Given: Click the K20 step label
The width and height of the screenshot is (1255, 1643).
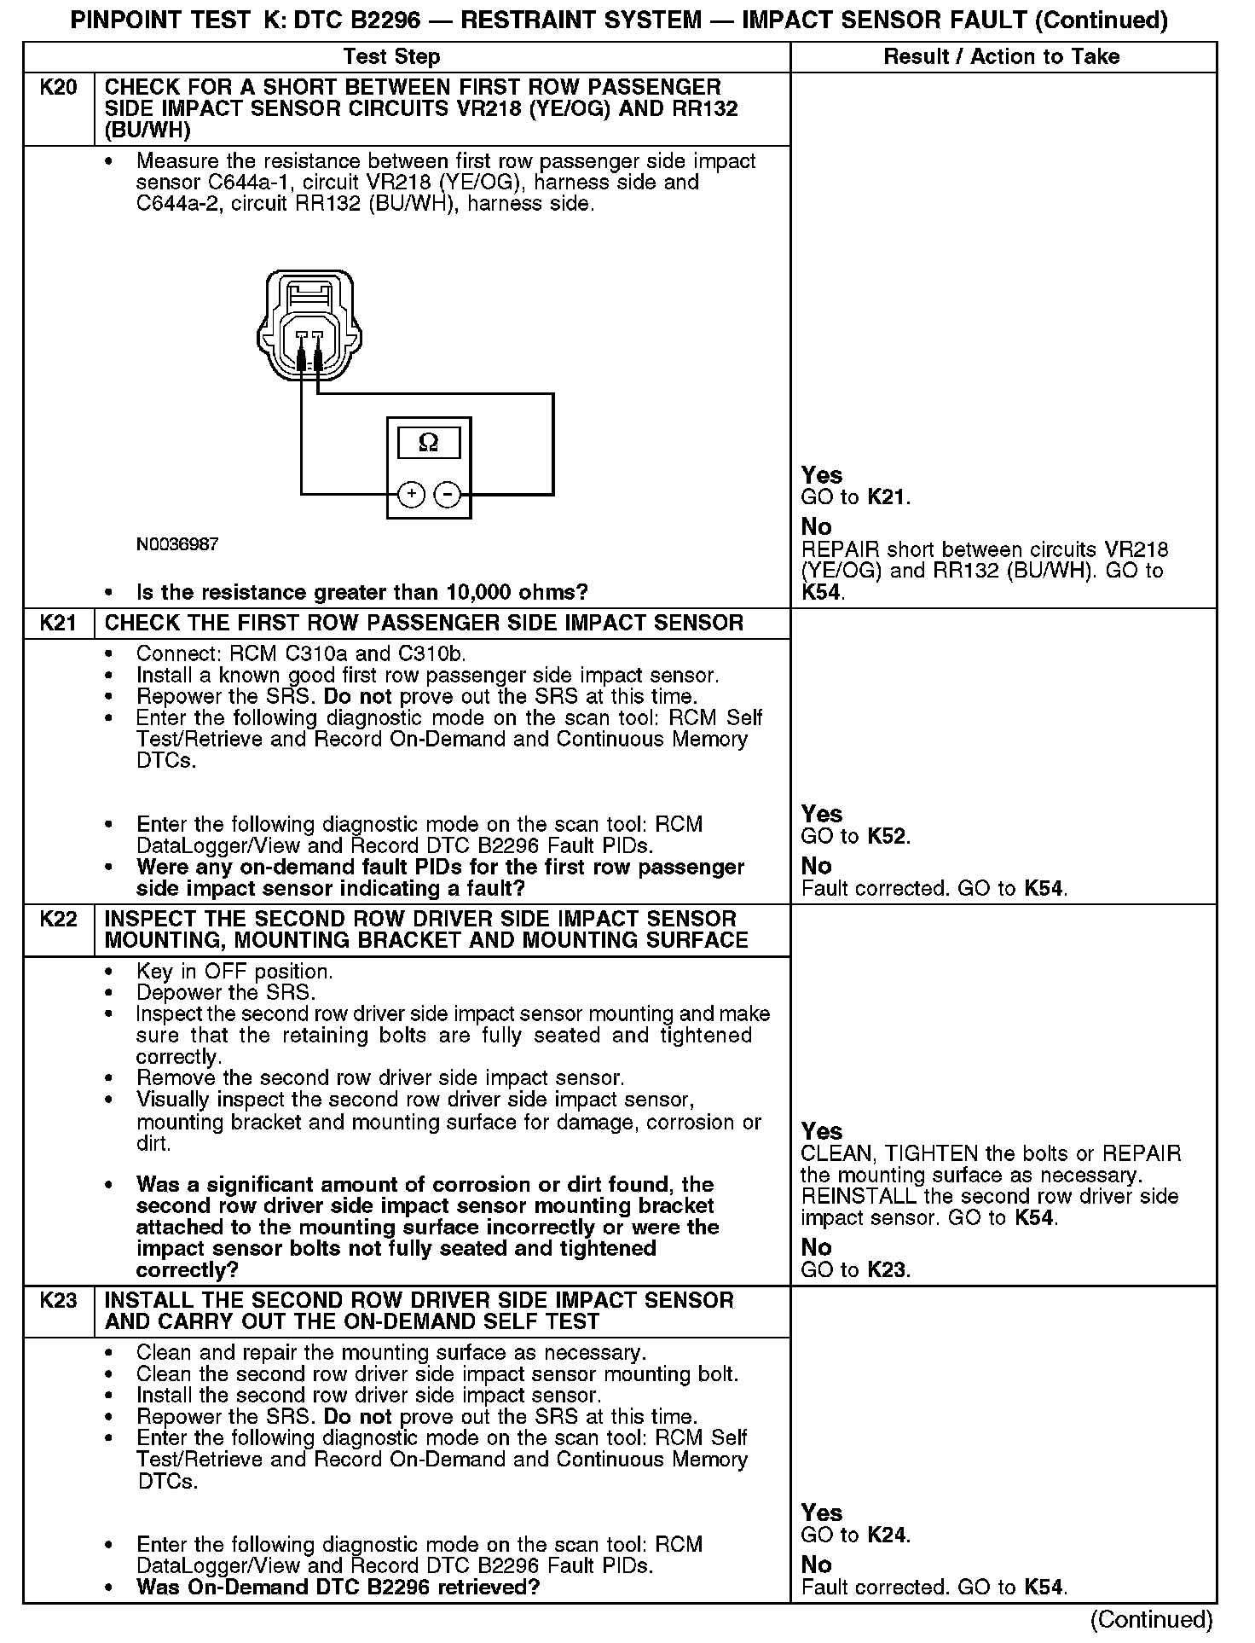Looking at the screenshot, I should [58, 88].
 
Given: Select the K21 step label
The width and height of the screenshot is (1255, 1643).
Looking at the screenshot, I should [58, 624].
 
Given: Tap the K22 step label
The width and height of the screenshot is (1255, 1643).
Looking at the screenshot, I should [58, 920].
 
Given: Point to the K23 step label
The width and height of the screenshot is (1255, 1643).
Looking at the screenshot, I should [58, 1301].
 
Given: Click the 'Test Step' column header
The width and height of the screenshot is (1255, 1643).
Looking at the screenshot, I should [391, 57].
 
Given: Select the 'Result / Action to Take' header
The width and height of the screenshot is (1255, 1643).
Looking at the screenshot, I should [1002, 57].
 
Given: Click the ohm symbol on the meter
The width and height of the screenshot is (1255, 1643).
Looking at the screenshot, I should [429, 443].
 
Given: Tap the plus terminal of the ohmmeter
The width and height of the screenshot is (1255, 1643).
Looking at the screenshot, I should [412, 494].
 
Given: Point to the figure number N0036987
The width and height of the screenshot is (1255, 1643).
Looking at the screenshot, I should [177, 544].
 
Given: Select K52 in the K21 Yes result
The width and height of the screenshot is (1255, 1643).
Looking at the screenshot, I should [887, 837].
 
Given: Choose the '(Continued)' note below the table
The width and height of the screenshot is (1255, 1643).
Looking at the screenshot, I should [1151, 1619].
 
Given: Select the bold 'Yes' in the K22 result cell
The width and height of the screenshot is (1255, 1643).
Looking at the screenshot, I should [822, 1132].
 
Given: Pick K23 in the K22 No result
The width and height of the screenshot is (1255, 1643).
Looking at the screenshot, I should [887, 1270].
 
